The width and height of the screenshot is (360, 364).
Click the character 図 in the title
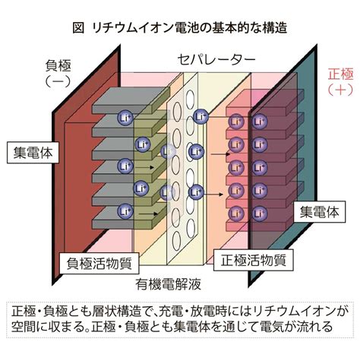pos(78,27)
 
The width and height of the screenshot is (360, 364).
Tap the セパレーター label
pos(216,60)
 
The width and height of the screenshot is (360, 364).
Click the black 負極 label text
pos(58,65)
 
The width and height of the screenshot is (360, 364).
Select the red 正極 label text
pos(340,74)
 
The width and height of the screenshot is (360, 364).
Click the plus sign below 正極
pos(340,90)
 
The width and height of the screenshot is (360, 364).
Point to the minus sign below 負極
pos(58,81)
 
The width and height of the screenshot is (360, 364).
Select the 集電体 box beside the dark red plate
pos(33,153)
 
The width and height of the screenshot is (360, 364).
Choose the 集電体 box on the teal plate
pos(320,212)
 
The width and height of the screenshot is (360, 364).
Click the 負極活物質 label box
pos(99,263)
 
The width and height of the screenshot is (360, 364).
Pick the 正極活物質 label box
pos(254,260)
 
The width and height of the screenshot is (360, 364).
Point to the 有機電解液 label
pos(169,284)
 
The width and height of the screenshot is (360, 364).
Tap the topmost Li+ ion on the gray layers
pos(125,118)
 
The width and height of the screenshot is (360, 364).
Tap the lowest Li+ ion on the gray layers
pos(125,211)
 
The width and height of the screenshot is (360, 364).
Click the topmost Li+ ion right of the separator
pos(201,117)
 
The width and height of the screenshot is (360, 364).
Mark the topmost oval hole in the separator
pos(190,100)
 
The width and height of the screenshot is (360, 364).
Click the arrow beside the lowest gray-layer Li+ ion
pos(148,214)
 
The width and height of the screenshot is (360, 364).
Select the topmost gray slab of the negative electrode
pos(131,100)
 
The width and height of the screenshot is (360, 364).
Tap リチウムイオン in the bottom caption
pos(295,312)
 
